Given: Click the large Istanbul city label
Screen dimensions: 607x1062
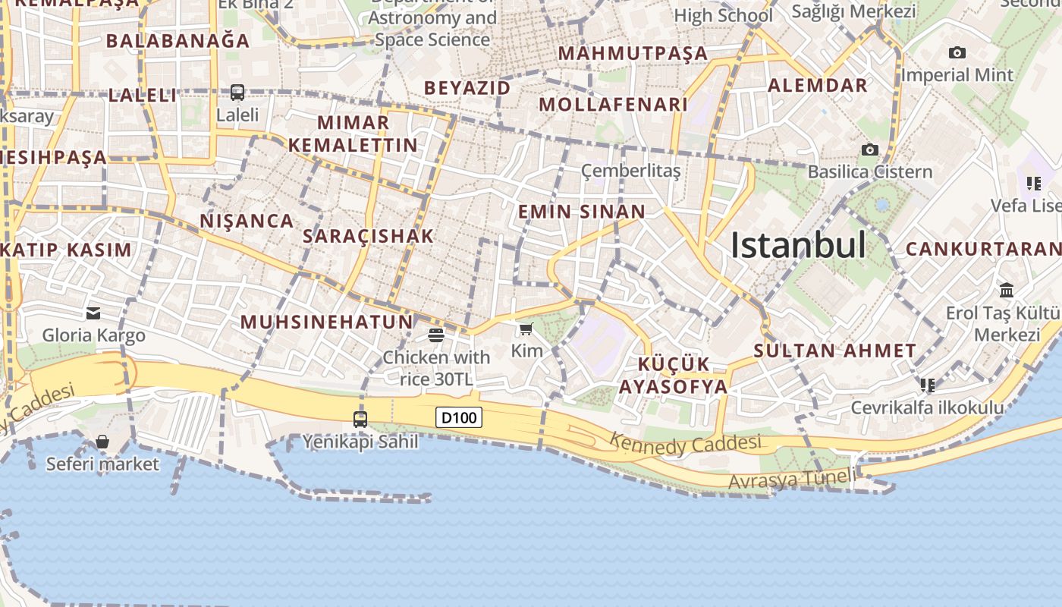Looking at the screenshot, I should tap(797, 245).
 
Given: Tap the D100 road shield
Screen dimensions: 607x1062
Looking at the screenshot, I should tap(459, 417).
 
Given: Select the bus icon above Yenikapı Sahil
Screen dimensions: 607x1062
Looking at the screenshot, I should tap(360, 419).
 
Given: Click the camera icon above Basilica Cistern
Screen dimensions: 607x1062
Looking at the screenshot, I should tap(870, 149).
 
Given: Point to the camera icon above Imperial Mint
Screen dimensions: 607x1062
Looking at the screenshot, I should tap(957, 52).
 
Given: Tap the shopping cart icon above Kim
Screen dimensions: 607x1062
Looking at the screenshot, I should tap(526, 329).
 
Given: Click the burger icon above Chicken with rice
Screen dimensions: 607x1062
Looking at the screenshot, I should tap(436, 335).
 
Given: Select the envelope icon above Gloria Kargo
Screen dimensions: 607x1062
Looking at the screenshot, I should tap(93, 313).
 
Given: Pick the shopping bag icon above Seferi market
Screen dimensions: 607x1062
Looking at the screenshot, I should tap(102, 442).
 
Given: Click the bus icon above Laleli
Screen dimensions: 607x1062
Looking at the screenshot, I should tap(237, 93).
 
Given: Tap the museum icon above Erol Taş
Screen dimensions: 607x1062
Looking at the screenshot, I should tap(1007, 290).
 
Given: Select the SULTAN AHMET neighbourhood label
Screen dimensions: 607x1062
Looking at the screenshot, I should tap(835, 351).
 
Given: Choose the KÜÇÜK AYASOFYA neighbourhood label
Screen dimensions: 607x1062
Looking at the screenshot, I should tap(673, 375).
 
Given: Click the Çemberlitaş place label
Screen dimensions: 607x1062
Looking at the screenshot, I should tap(630, 171).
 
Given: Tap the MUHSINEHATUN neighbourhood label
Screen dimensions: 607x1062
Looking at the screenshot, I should tap(327, 322).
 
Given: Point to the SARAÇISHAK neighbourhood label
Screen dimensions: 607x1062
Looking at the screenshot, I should tap(368, 236).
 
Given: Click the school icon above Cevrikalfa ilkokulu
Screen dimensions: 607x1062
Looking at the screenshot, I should tap(927, 385).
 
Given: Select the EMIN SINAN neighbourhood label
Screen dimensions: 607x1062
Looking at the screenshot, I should tap(582, 212).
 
